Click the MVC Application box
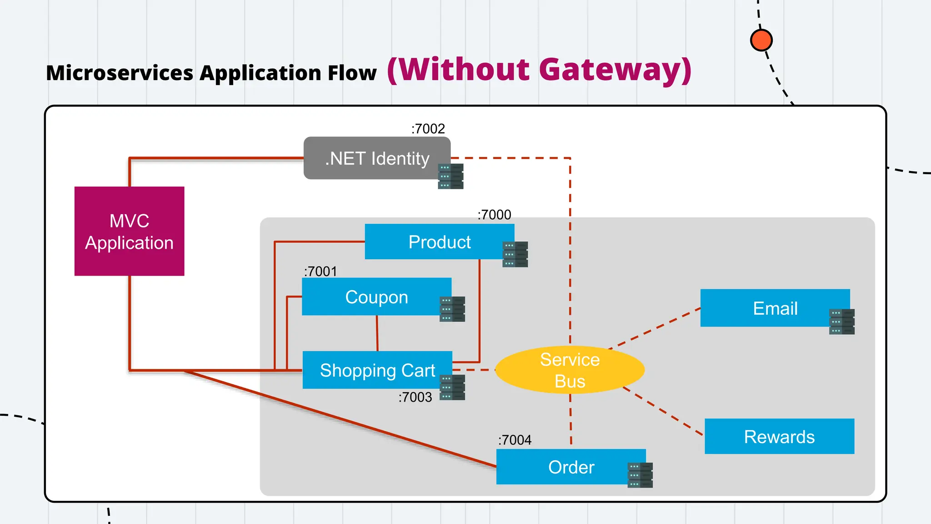click(129, 231)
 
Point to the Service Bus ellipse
click(570, 370)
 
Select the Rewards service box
click(779, 437)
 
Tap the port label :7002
click(428, 129)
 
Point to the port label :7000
click(494, 215)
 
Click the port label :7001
click(320, 272)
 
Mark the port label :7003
click(415, 397)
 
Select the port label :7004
click(515, 440)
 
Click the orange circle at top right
click(761, 40)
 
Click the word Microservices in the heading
click(120, 73)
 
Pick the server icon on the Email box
click(841, 322)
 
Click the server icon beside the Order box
click(640, 475)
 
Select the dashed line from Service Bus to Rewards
click(664, 411)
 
